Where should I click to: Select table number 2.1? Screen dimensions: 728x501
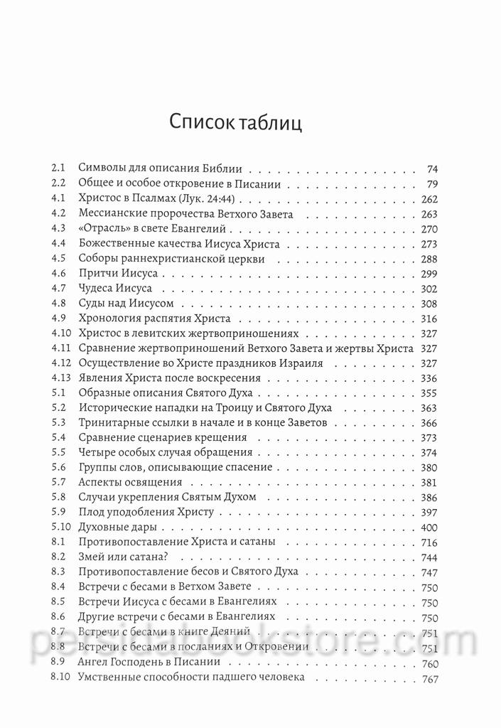58,169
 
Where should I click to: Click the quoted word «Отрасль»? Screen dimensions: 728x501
102,229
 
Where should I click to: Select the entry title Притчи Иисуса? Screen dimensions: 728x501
118,274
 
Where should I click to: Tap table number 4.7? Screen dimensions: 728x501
59,289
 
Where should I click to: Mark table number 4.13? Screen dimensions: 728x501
61,378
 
